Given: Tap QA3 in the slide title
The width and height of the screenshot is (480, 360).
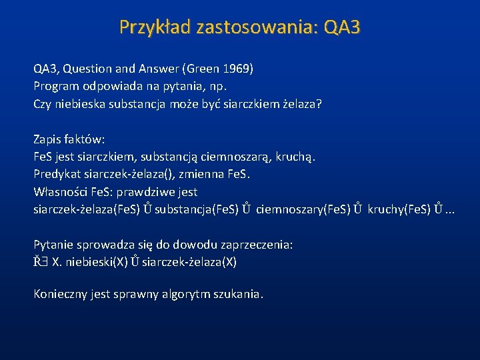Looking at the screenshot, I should pyautogui.click(x=341, y=27).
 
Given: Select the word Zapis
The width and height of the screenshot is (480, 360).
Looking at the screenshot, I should pyautogui.click(x=47, y=139).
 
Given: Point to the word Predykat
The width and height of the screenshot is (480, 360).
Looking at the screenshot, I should pyautogui.click(x=58, y=175).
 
